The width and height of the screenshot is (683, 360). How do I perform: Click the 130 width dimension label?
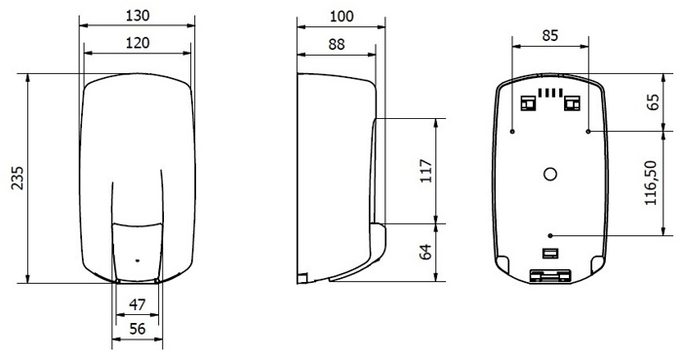(x=138, y=16)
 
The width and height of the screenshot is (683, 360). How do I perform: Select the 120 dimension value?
(x=138, y=43)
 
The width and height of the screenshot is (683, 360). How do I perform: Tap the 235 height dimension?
(x=18, y=178)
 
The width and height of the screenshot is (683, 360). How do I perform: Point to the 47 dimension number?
(x=138, y=304)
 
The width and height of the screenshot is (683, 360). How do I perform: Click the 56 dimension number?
(x=138, y=329)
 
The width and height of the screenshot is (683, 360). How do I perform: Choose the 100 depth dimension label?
(x=341, y=17)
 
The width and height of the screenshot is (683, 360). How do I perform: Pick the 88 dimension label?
(x=337, y=44)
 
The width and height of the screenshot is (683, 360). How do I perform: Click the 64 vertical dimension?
(x=425, y=251)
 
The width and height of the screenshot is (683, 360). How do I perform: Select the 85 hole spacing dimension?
(x=549, y=35)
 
